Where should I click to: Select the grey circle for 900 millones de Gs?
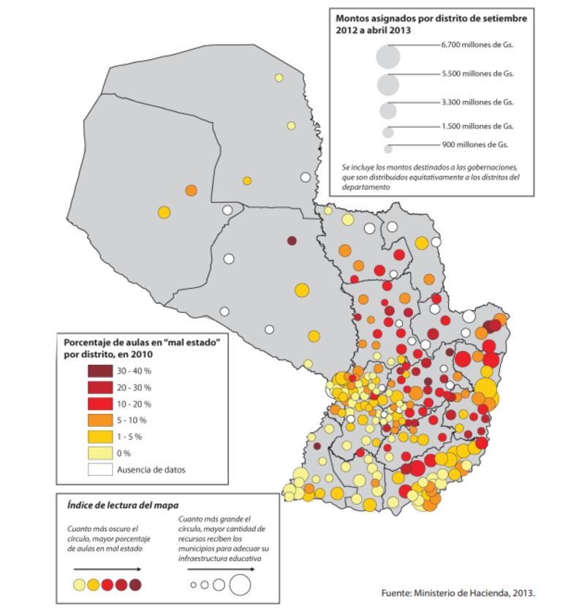point(388,148)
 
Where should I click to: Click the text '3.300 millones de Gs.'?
point(477,102)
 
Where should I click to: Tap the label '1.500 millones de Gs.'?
point(477,126)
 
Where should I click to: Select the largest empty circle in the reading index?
point(240,584)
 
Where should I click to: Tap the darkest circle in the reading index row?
point(135,584)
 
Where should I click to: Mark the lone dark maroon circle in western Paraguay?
point(292,241)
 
